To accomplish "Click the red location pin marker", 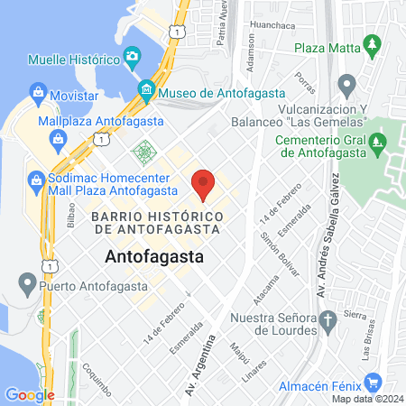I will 203,183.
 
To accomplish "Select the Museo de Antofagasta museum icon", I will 146,91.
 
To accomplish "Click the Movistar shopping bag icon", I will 37,92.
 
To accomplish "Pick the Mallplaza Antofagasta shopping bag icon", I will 60,139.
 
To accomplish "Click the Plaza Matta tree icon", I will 371,44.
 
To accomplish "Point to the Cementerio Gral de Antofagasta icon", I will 380,142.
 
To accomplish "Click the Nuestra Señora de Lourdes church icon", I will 328,317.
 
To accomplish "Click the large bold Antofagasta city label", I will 154,257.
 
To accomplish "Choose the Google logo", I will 29,394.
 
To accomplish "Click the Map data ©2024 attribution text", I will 365,399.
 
